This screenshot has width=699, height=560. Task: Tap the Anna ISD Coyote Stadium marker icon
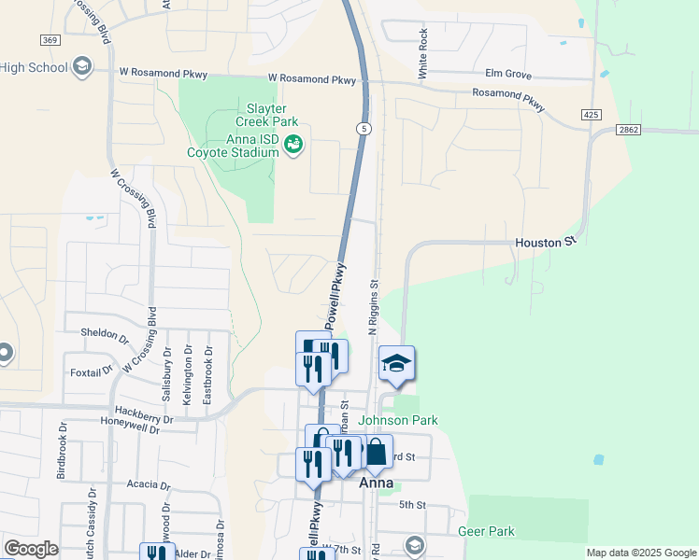pyautogui.click(x=292, y=144)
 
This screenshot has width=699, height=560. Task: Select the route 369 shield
pyautogui.click(x=50, y=39)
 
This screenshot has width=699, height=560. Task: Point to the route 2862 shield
pyautogui.click(x=629, y=130)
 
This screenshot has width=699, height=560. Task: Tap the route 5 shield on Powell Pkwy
pyautogui.click(x=364, y=128)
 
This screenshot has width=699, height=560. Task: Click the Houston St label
pyautogui.click(x=544, y=243)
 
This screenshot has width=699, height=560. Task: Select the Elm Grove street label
pyautogui.click(x=507, y=73)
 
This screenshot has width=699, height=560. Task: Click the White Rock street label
pyautogui.click(x=423, y=53)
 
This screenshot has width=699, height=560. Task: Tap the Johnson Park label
pyautogui.click(x=398, y=421)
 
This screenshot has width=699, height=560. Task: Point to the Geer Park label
pyautogui.click(x=486, y=532)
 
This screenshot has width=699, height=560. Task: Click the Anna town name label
pyautogui.click(x=376, y=483)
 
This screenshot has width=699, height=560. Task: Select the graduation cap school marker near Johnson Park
pyautogui.click(x=396, y=364)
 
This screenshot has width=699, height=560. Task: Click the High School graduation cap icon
pyautogui.click(x=82, y=65)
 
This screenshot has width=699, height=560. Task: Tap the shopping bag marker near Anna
pyautogui.click(x=376, y=454)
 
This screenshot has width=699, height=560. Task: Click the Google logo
pyautogui.click(x=31, y=549)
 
